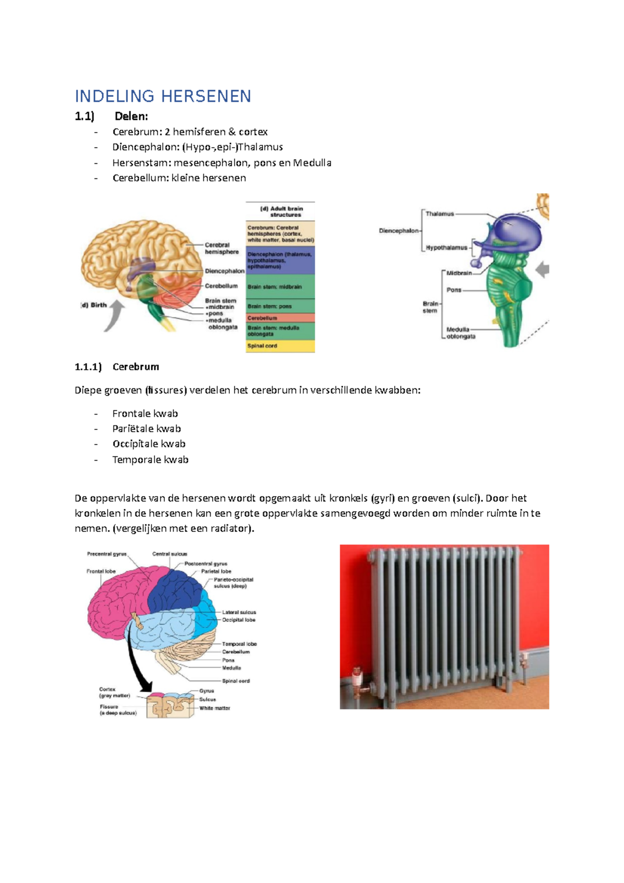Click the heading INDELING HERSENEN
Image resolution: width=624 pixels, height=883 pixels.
coord(163,96)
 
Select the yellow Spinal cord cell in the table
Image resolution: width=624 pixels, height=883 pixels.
coord(280,346)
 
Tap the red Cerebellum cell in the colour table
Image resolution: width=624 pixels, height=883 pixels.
coord(280,318)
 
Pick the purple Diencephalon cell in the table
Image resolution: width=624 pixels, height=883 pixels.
coord(280,260)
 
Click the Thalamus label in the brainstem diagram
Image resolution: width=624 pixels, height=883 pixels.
coord(440,214)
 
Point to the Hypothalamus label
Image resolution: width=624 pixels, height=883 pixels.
coord(446,248)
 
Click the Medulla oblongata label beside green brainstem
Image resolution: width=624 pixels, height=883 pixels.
coord(460,333)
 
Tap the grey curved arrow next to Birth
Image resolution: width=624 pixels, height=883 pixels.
coord(115,315)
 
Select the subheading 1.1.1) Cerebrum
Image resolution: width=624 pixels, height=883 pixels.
coord(117,367)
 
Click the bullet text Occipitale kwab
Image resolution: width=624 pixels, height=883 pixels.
coord(149,444)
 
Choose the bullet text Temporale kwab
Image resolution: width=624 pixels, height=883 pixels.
coord(150,460)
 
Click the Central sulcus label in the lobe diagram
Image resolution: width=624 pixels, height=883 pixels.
coord(170,554)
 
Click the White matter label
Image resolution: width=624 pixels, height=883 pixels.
coord(215,708)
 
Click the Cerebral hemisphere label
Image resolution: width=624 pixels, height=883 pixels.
coord(222,248)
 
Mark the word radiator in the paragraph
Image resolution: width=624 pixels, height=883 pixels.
coord(230,529)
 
